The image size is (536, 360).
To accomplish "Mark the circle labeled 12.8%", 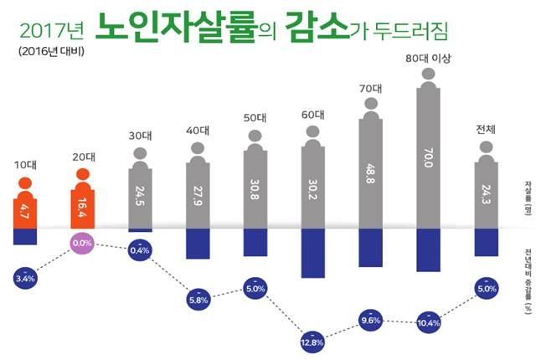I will [312, 341].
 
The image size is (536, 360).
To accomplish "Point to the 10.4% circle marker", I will [428, 321].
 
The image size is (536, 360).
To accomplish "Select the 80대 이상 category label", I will [428, 58].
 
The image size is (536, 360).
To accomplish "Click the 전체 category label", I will [486, 129].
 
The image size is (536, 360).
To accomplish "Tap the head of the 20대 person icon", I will [83, 174].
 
